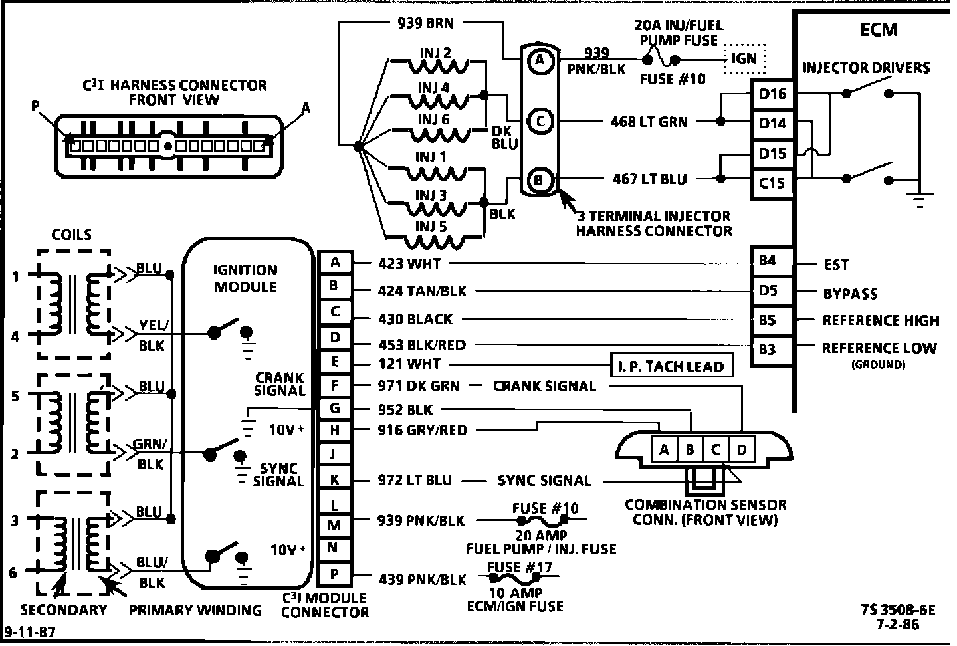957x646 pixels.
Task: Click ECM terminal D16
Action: coord(772,94)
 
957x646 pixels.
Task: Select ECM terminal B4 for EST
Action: coord(768,261)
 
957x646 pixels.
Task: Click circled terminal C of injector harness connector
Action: coord(540,121)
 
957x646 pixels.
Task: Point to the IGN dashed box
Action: coord(744,58)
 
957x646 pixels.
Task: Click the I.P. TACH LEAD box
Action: coord(671,366)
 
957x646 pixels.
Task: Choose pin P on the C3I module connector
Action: coord(334,574)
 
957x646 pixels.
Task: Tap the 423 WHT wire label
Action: coord(409,263)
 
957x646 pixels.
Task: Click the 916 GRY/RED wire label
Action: coord(422,430)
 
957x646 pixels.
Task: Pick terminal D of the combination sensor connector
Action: coord(742,450)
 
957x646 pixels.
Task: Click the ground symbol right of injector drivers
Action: coord(920,194)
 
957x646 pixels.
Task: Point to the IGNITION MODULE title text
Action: coord(245,278)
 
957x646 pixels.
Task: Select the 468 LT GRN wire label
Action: coord(649,122)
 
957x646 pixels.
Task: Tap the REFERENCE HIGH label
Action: coord(881,320)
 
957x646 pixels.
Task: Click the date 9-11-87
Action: coord(30,631)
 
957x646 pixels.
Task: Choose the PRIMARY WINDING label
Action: coord(195,610)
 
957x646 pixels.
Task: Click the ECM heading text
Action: coord(879,29)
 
